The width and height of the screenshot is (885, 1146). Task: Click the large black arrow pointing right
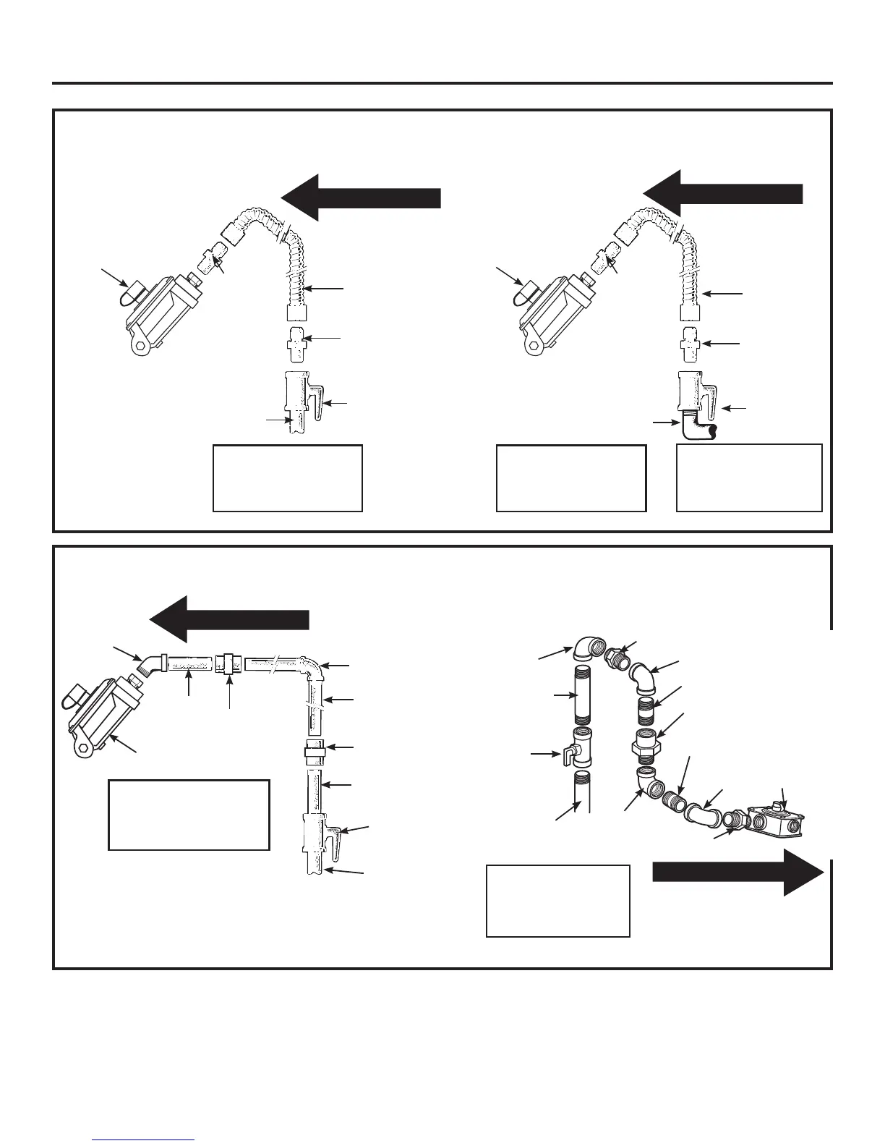pos(737,873)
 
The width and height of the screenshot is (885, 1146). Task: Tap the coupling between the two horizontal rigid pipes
pos(228,663)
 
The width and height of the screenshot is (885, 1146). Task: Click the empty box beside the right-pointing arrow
pos(557,900)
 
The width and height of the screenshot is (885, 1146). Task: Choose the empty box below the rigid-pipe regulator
pos(188,814)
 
